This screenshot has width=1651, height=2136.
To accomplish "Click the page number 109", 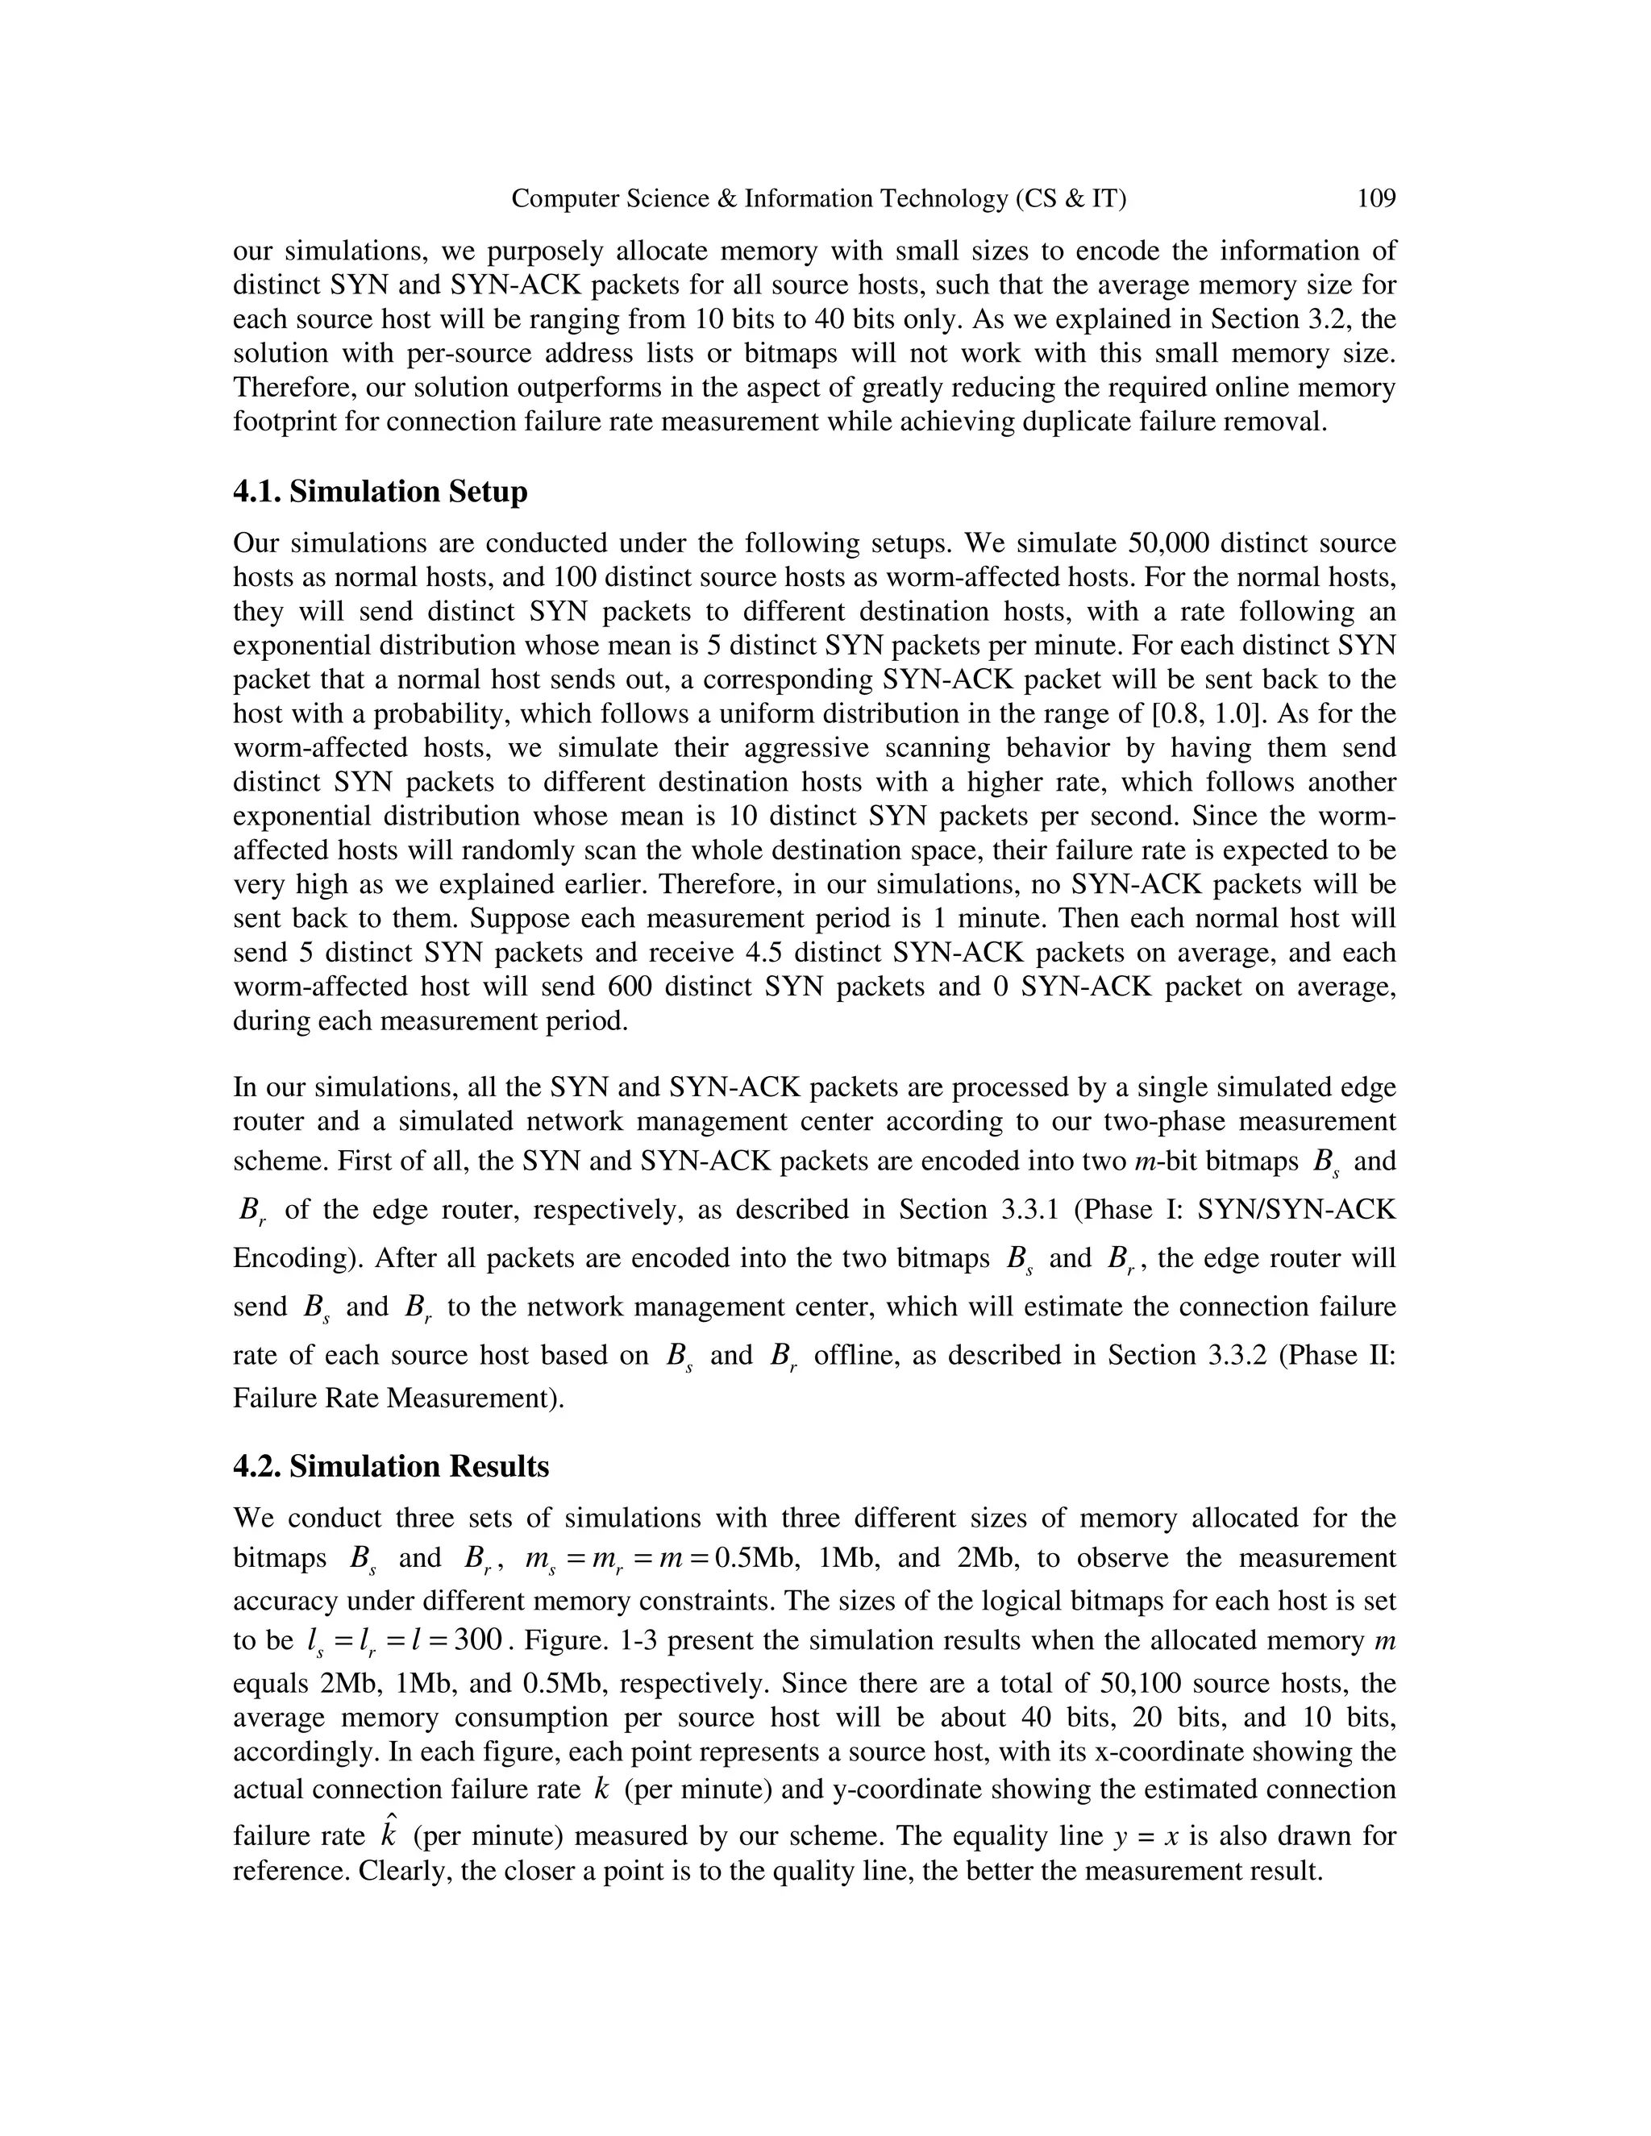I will tap(1375, 200).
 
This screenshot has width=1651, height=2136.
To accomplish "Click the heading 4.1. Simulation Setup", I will tap(380, 491).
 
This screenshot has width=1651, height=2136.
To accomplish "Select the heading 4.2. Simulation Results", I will tap(390, 1466).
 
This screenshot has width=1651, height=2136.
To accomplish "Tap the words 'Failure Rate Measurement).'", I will tap(399, 1398).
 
